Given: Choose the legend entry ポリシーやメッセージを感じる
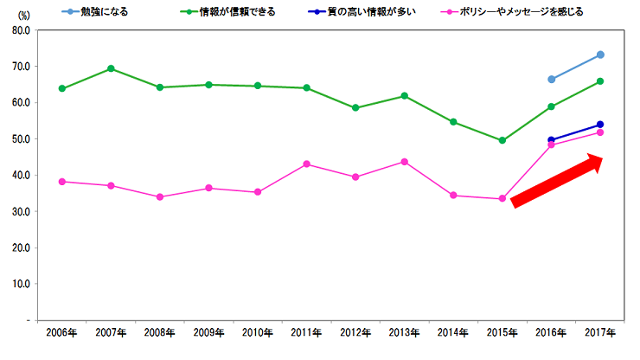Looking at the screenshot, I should point(532,12).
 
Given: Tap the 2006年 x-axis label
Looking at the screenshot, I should point(61,333).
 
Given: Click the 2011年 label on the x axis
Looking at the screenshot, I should point(306,333).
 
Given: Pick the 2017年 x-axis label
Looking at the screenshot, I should point(600,333).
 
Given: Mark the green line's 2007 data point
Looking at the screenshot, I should point(111,68).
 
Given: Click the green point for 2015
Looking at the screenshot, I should point(502,140).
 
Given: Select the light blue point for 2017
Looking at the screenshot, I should point(600,55).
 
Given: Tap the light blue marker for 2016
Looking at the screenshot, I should point(551,79).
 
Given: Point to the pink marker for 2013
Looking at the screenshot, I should point(404,162).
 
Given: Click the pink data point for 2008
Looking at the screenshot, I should point(159,196).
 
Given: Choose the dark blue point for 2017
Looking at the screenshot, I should point(600,125).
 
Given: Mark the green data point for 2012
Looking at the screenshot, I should point(355,108).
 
